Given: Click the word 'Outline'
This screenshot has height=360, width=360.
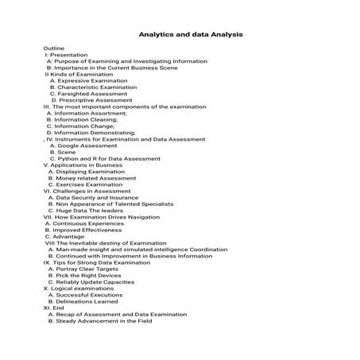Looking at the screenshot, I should click(54, 48).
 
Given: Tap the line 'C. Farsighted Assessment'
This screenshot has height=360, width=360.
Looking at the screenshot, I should click(87, 94).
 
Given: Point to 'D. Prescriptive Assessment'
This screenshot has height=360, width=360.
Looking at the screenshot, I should click(91, 100).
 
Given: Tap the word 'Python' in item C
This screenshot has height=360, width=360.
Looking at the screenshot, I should click(70, 159).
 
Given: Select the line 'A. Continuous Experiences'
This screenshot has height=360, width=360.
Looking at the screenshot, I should click(84, 223).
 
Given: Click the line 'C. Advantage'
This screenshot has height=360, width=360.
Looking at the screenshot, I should click(64, 236).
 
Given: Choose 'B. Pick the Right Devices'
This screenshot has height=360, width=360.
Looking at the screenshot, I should click(87, 275).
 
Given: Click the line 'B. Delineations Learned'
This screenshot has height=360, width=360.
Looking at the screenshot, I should click(83, 301).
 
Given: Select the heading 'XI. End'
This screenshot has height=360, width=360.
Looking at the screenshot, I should click(59, 308).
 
